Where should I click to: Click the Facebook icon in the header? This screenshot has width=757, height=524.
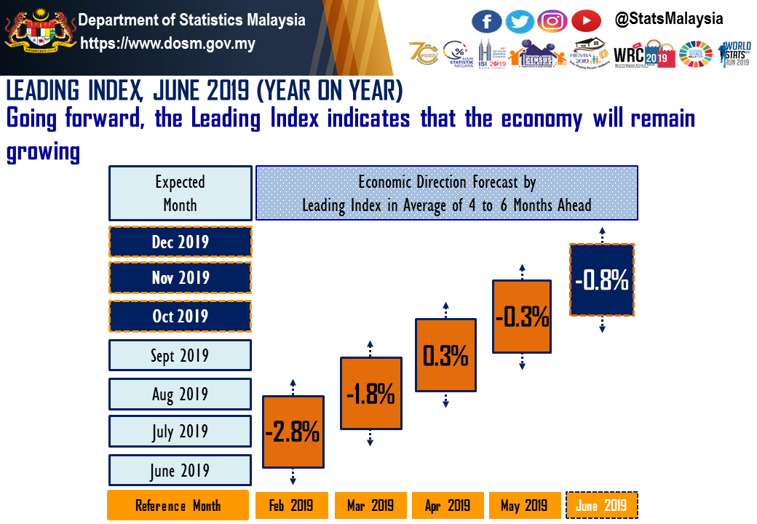[x=487, y=20]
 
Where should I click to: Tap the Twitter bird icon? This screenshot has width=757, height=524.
[x=520, y=20]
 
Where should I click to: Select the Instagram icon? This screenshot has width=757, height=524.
[x=552, y=20]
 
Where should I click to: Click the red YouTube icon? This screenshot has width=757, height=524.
[x=586, y=20]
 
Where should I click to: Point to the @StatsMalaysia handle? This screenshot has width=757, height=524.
[x=669, y=19]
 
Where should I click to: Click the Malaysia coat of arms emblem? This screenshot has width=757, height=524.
[x=39, y=33]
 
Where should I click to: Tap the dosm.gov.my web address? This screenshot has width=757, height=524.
[x=167, y=44]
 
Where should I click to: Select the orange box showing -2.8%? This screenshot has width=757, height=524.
[x=293, y=432]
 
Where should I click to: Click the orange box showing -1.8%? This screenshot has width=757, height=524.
[x=370, y=394]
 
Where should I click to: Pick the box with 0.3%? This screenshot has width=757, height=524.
[x=445, y=355]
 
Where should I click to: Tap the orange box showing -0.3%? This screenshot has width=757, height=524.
[x=522, y=317]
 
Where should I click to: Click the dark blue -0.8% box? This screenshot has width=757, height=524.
[x=602, y=280]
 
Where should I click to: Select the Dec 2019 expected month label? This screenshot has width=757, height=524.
[x=180, y=242]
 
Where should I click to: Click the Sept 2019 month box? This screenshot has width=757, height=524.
[x=180, y=355]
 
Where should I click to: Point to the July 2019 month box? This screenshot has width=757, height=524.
[x=180, y=432]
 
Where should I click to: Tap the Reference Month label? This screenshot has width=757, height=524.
[x=178, y=505]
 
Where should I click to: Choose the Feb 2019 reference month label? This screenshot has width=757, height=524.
[x=292, y=505]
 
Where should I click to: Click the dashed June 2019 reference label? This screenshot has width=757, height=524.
[x=601, y=505]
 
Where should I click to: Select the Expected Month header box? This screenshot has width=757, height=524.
[x=180, y=193]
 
